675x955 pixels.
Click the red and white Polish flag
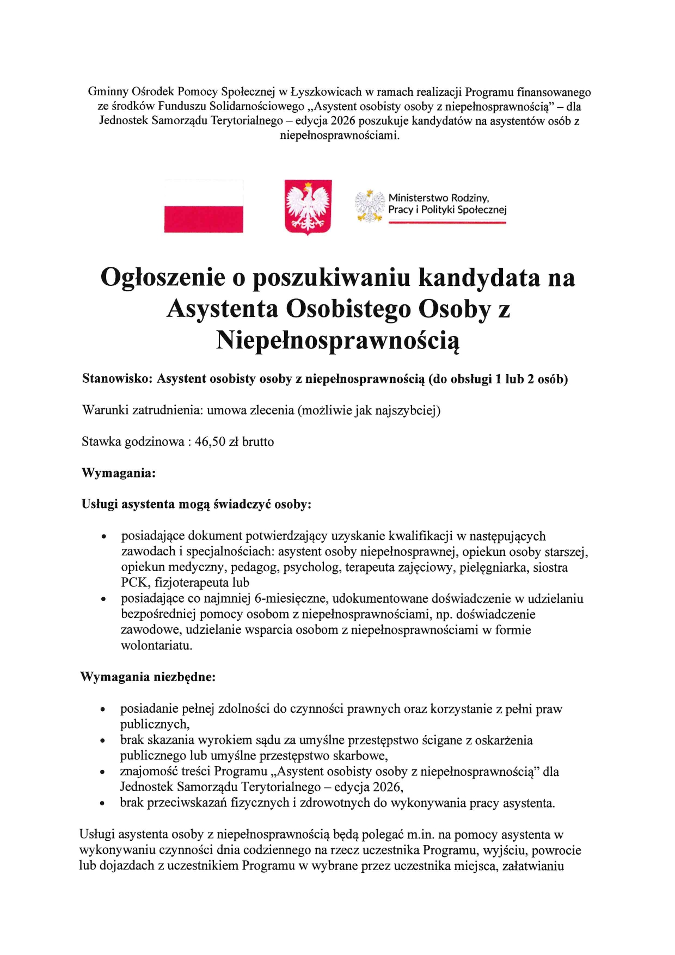click(204, 206)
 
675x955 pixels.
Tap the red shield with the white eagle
click(308, 207)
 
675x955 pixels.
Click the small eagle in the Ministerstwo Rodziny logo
click(370, 206)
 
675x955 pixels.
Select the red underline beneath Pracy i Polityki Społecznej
click(447, 222)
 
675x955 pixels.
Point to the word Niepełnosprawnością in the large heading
click(337, 341)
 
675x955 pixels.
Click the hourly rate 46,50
click(210, 442)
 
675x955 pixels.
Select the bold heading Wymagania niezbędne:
click(148, 677)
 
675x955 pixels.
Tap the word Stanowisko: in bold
click(117, 379)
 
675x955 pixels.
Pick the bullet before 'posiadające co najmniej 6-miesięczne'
click(103, 600)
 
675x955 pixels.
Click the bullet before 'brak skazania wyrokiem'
click(102, 741)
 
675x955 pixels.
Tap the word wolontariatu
click(157, 646)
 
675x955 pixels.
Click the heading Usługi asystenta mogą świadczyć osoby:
click(196, 504)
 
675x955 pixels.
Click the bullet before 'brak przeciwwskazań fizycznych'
click(102, 804)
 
